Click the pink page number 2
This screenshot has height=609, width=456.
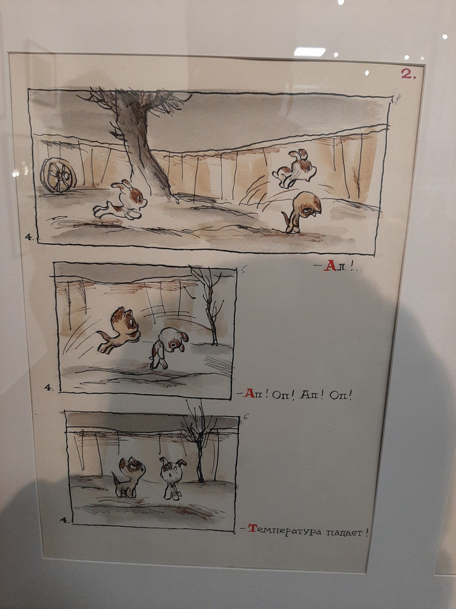408,74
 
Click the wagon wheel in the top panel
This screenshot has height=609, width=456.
58,175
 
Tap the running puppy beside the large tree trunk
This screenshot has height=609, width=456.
121,201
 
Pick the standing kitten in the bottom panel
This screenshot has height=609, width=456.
129,477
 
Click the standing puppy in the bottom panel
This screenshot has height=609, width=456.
172,478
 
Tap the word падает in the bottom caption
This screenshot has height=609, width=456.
346,531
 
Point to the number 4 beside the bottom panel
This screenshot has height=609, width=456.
64,520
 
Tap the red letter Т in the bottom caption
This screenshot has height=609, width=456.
252,528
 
